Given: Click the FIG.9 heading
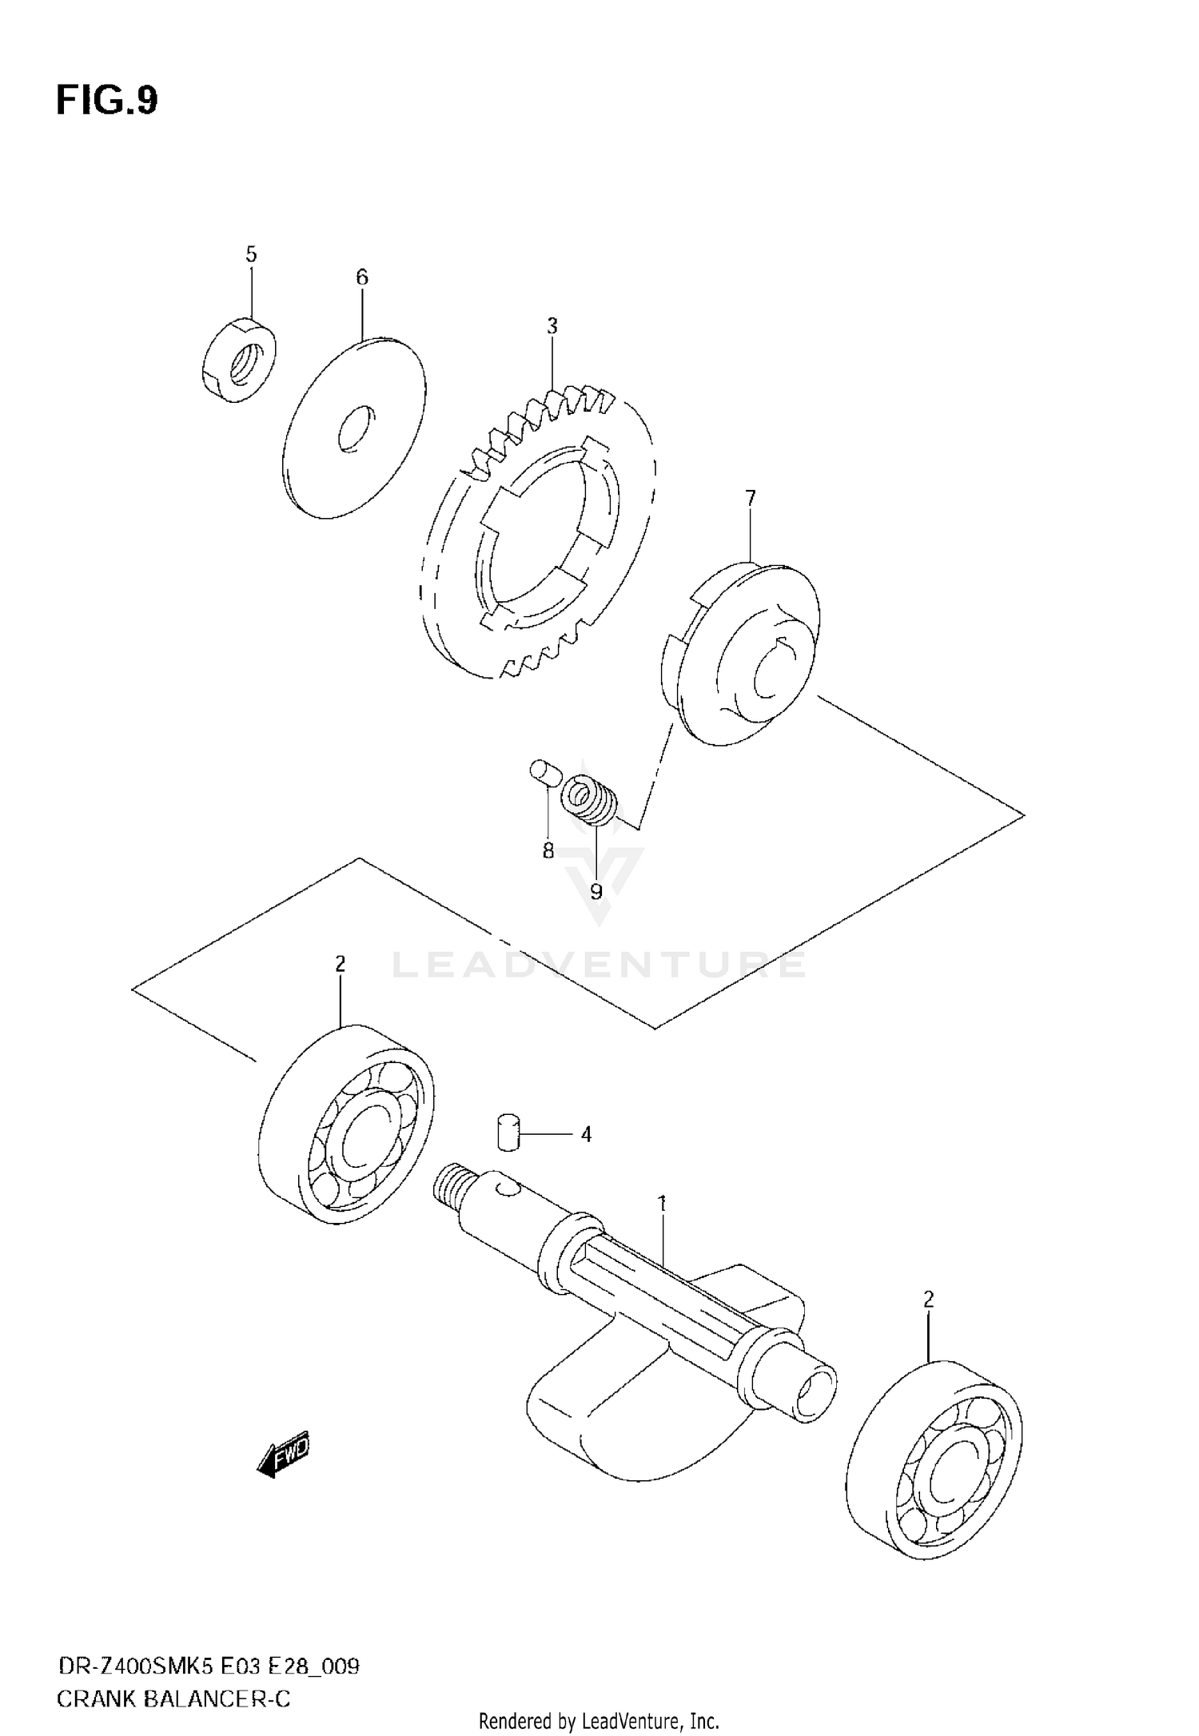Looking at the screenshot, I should pyautogui.click(x=107, y=101).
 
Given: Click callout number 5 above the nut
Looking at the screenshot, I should pyautogui.click(x=251, y=255).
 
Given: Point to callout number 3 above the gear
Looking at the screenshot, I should pyautogui.click(x=552, y=326).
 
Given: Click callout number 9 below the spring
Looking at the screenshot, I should pyautogui.click(x=596, y=891).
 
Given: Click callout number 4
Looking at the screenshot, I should pyautogui.click(x=586, y=1134).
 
